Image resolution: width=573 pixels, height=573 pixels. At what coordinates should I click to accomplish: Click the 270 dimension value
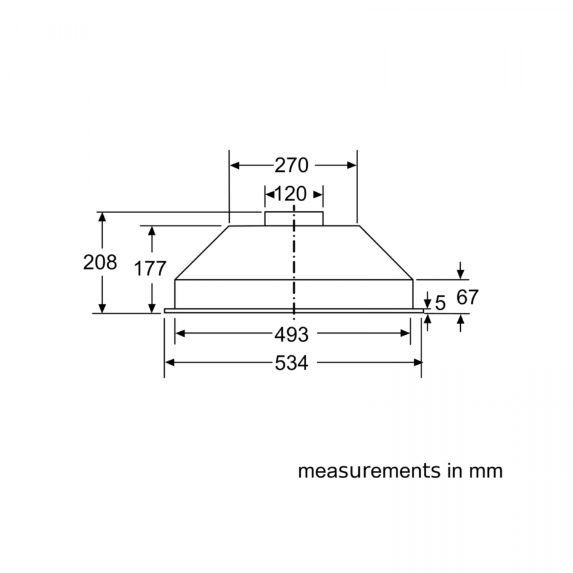click(291, 165)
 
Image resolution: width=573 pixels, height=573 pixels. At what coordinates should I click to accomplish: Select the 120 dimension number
click(290, 194)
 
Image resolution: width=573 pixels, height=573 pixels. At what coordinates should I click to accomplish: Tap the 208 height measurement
click(100, 263)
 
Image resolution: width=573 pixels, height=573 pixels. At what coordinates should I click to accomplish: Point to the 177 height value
click(150, 269)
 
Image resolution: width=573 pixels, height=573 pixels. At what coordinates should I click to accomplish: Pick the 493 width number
click(291, 334)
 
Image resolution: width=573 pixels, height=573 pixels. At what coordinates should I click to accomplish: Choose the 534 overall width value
click(291, 363)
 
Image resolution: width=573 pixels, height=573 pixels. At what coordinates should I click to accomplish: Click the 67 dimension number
click(467, 297)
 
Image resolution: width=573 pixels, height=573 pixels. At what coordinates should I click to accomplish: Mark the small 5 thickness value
click(440, 303)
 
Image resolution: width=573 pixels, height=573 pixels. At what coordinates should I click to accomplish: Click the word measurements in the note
click(369, 471)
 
